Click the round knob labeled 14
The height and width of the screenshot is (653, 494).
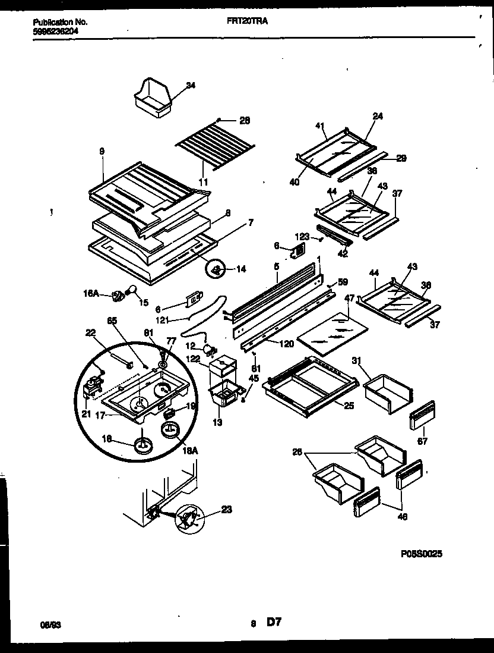pyautogui.click(x=216, y=270)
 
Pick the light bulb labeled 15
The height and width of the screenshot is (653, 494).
pyautogui.click(x=132, y=291)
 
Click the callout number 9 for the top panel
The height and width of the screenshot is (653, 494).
pyautogui.click(x=102, y=152)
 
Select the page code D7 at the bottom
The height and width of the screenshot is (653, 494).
pyautogui.click(x=273, y=623)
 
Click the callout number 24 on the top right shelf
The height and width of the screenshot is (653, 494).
pyautogui.click(x=378, y=116)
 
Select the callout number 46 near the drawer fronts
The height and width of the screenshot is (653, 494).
pyautogui.click(x=402, y=517)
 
